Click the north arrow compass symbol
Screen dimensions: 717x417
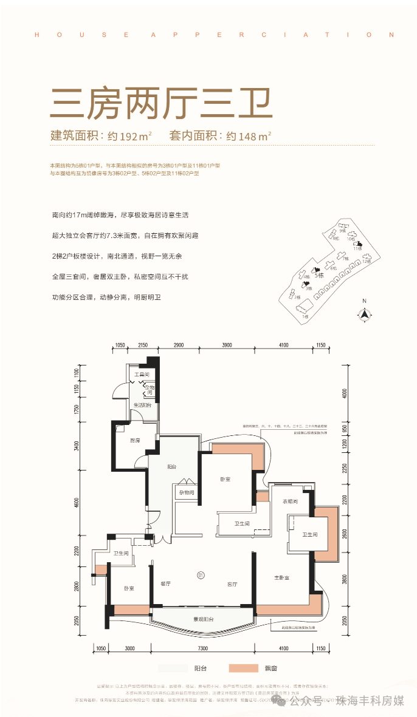[x=364, y=313]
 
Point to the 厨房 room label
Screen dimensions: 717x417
[x=135, y=440]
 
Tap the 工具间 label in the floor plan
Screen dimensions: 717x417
[x=141, y=375]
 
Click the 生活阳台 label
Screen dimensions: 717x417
[x=142, y=404]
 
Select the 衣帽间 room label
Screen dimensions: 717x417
[x=290, y=501]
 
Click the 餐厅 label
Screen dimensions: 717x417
[x=164, y=584]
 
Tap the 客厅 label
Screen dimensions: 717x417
[x=232, y=584]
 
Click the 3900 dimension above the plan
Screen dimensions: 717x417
[x=227, y=345]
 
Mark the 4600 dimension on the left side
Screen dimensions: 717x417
[x=77, y=503]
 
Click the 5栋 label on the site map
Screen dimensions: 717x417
[x=319, y=275]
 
